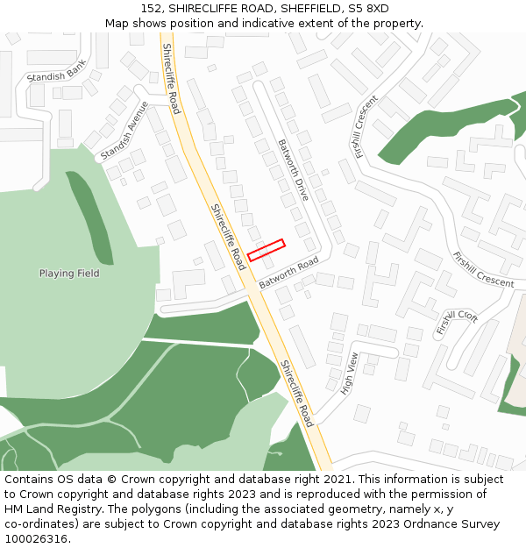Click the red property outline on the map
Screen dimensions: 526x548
coord(267,250)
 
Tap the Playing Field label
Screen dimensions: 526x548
coord(69,274)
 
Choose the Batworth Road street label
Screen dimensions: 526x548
coord(288,274)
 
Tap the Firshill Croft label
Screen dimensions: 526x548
coord(457,322)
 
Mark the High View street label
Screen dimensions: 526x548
coord(349,373)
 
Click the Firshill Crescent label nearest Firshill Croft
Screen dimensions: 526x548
coord(483,269)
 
